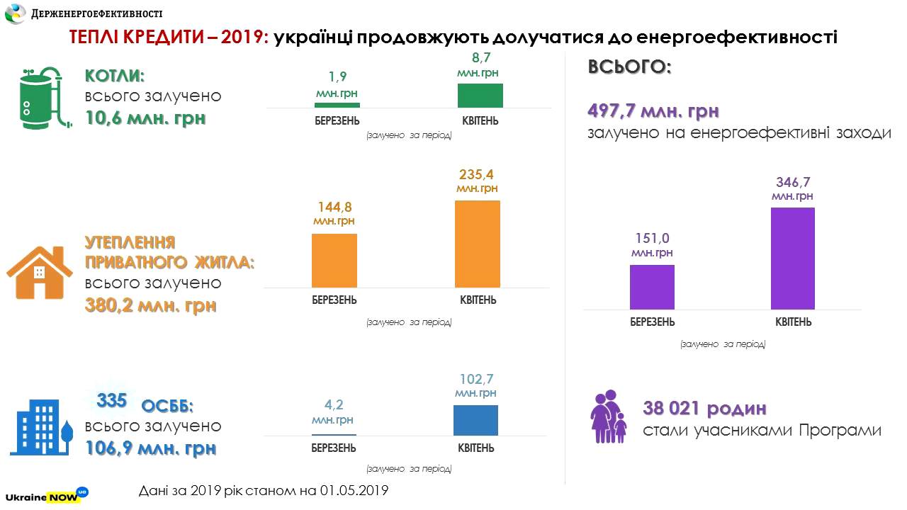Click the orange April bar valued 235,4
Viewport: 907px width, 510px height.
tap(477, 244)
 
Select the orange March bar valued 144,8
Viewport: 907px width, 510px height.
tap(334, 260)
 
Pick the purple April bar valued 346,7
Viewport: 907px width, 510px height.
tap(793, 258)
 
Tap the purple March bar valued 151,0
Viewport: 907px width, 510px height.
tap(652, 287)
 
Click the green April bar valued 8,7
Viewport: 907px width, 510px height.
tap(480, 96)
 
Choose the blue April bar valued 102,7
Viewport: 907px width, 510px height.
tap(475, 420)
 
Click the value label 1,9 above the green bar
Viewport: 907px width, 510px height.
tap(337, 77)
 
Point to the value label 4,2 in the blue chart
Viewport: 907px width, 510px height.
tap(334, 404)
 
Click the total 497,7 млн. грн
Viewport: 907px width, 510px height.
tap(653, 111)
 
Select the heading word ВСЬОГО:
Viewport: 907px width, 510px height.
tap(629, 67)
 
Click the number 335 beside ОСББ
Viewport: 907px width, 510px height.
tap(111, 401)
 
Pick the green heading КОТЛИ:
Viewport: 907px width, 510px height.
tap(119, 76)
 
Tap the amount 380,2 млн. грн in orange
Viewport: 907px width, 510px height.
tap(150, 307)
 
